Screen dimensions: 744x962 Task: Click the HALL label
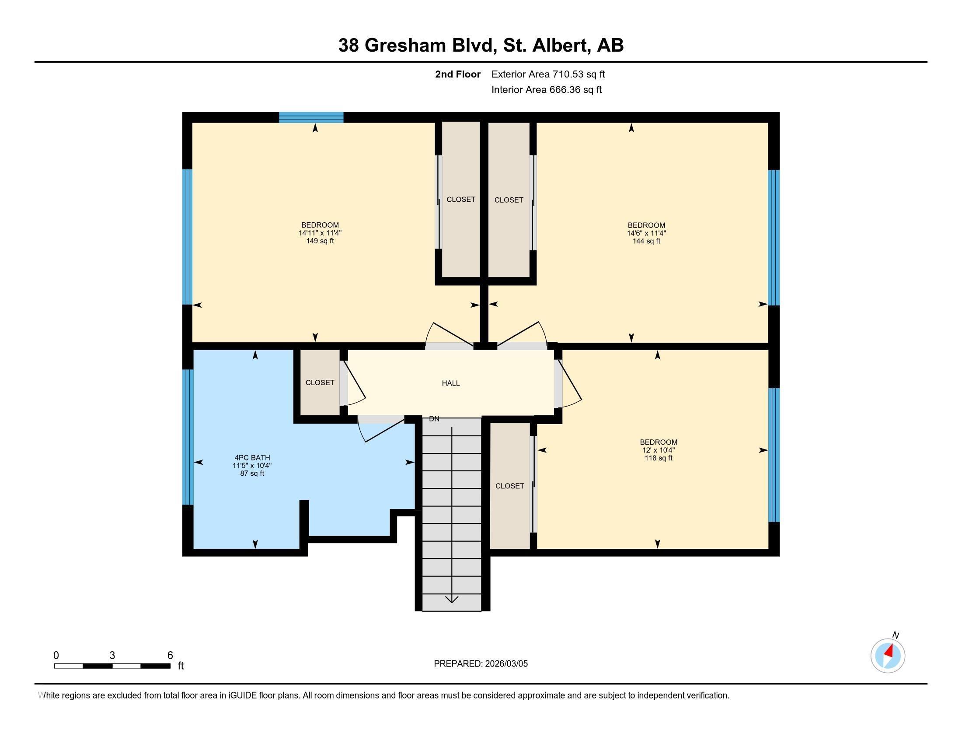pos(450,383)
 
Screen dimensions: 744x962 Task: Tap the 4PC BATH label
pos(252,457)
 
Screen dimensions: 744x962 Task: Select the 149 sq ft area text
pos(320,241)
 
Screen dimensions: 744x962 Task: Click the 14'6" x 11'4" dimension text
pos(646,233)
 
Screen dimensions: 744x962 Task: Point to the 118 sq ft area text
pos(658,458)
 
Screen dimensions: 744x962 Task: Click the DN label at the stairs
pos(434,419)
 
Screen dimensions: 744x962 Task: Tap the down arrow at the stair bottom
pos(452,599)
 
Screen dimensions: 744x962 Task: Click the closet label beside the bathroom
pos(320,383)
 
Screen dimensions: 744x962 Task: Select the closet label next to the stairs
pos(509,486)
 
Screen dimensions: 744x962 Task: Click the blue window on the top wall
pos(311,117)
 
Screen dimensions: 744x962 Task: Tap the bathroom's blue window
pos(188,436)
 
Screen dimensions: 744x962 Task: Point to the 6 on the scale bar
pos(170,656)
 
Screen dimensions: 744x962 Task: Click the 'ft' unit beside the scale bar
pos(181,666)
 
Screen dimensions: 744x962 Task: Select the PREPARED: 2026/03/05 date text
pos(481,664)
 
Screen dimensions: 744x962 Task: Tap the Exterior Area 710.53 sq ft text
pos(548,74)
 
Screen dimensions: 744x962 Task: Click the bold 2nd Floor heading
pos(457,74)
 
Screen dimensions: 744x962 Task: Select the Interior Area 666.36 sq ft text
pos(546,89)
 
